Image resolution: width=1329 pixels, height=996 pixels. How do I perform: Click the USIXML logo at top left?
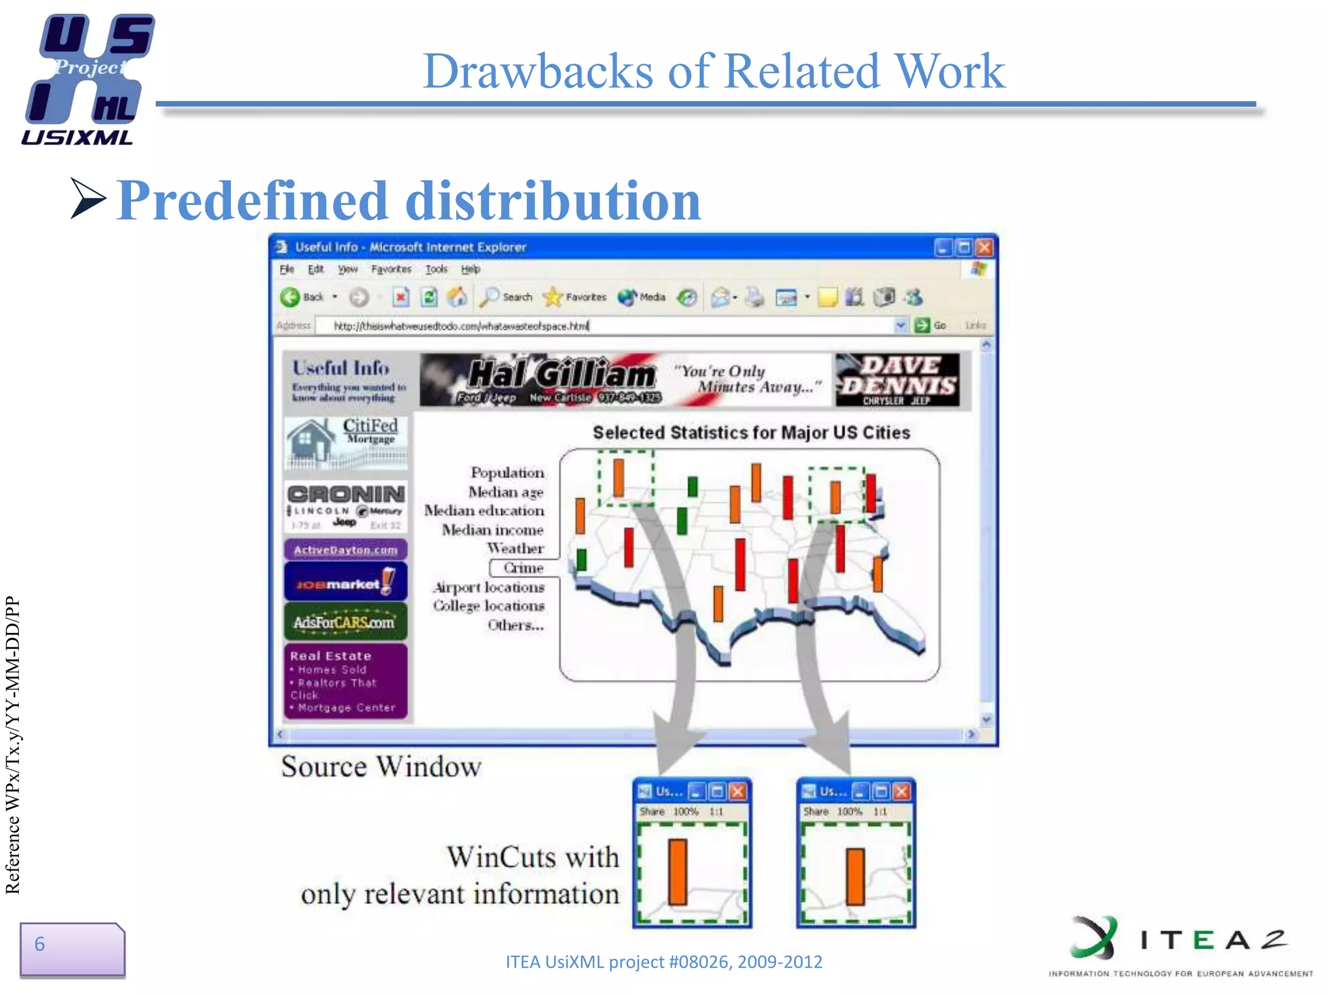[x=87, y=79]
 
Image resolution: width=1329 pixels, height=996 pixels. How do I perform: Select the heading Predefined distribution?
[x=409, y=201]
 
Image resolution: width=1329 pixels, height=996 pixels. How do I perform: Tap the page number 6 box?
[x=71, y=948]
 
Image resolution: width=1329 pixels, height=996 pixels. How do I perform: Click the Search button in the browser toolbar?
[x=507, y=298]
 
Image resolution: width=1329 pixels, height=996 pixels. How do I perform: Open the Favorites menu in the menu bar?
[x=391, y=269]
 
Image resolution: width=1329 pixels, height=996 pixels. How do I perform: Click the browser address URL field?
[x=604, y=326]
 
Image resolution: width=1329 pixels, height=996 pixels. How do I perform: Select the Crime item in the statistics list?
[x=523, y=568]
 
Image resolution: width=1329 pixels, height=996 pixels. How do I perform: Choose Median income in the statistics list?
[x=493, y=530]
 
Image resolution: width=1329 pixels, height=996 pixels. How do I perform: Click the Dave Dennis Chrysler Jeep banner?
[x=897, y=380]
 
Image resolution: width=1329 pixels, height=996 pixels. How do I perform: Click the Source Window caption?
[x=381, y=766]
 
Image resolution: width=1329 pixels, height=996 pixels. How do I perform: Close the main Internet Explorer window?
[x=984, y=248]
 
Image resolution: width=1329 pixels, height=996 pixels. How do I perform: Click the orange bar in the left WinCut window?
[x=677, y=871]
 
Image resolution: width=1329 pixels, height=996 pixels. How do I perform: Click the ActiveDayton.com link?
[x=345, y=550]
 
